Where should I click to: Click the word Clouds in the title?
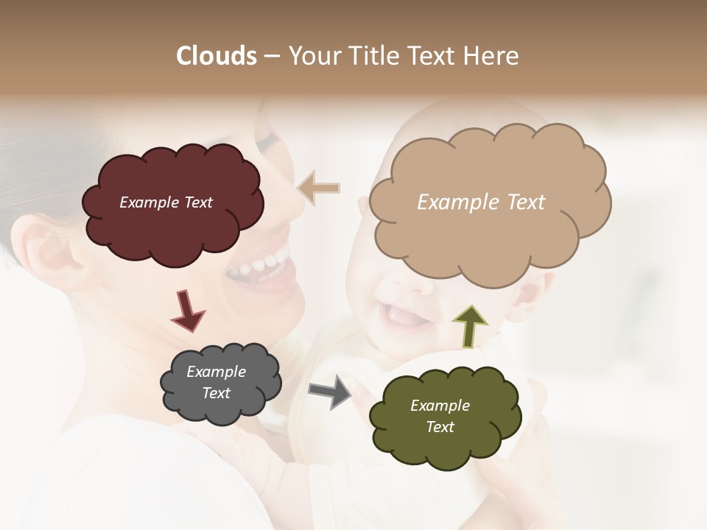[216, 56]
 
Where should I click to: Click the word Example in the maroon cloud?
[148, 202]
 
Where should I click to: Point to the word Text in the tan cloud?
[526, 202]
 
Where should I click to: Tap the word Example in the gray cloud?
[216, 372]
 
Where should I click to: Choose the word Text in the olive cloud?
[440, 427]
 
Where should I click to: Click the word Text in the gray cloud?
[216, 393]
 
